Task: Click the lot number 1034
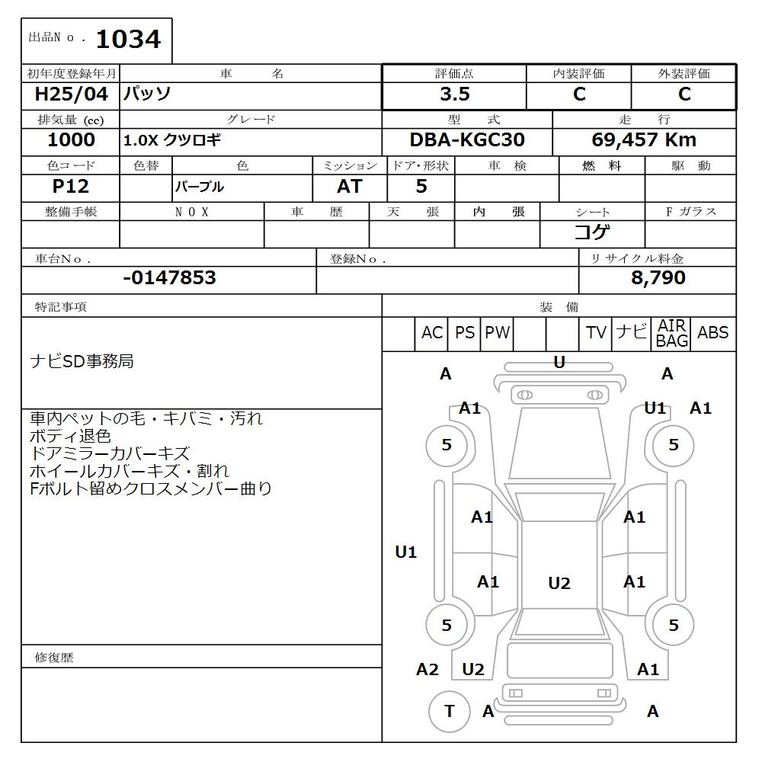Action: click(x=128, y=40)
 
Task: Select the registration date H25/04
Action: click(x=72, y=94)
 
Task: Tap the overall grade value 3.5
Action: click(x=455, y=94)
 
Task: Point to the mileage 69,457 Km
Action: click(x=644, y=140)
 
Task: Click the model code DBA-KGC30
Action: click(x=467, y=140)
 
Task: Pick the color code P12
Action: click(x=71, y=186)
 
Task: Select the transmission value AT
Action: click(x=350, y=186)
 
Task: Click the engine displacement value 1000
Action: click(x=71, y=140)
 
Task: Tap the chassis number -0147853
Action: click(x=170, y=277)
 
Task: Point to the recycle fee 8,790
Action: click(x=658, y=277)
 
